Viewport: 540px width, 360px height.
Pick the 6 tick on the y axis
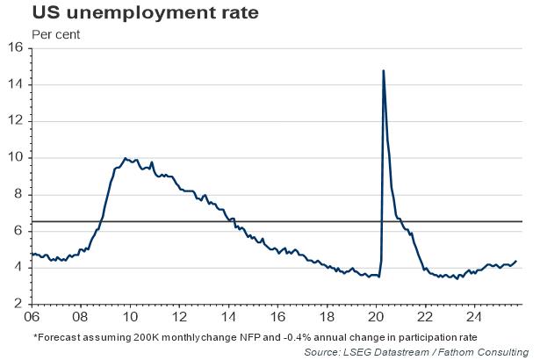pos(18,230)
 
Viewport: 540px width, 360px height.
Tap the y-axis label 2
pos(18,303)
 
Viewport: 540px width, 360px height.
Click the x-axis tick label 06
pos(33,317)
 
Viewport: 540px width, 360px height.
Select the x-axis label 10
pos(129,317)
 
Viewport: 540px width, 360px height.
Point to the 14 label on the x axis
pos(227,317)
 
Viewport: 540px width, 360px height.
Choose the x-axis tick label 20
pos(376,317)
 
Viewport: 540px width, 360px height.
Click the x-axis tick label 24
pos(474,317)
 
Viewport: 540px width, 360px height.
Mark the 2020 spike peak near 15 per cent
pos(383,70)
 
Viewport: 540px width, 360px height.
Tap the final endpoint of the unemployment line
pos(515,261)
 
